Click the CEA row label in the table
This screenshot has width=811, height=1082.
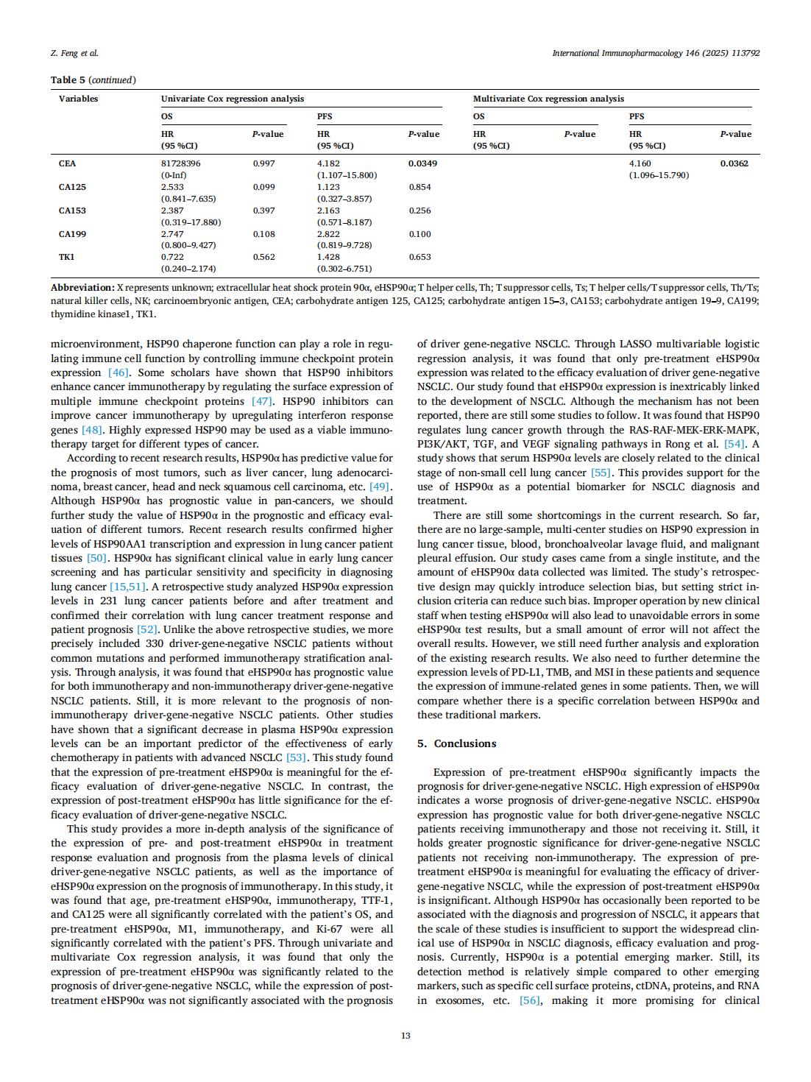pyautogui.click(x=67, y=163)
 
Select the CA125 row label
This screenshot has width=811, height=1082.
pyautogui.click(x=72, y=187)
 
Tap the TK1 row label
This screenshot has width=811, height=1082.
pyautogui.click(x=66, y=257)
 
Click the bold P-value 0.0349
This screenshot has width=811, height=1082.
pyautogui.click(x=422, y=163)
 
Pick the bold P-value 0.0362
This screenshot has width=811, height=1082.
pyautogui.click(x=734, y=163)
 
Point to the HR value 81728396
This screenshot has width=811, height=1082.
pyautogui.click(x=181, y=163)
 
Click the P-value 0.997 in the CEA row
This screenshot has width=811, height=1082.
pyautogui.click(x=264, y=163)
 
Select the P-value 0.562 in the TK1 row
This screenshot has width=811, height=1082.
pyautogui.click(x=264, y=257)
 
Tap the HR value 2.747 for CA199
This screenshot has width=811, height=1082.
pyautogui.click(x=172, y=234)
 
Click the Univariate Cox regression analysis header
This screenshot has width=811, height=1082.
pyautogui.click(x=233, y=99)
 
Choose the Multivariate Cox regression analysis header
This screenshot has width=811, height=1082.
pyautogui.click(x=548, y=99)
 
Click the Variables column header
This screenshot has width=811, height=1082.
pyautogui.click(x=78, y=99)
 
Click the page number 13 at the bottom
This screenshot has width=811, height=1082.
pyautogui.click(x=405, y=1036)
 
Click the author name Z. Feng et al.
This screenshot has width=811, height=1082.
pyautogui.click(x=74, y=53)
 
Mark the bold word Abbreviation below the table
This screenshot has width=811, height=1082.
pyautogui.click(x=82, y=287)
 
